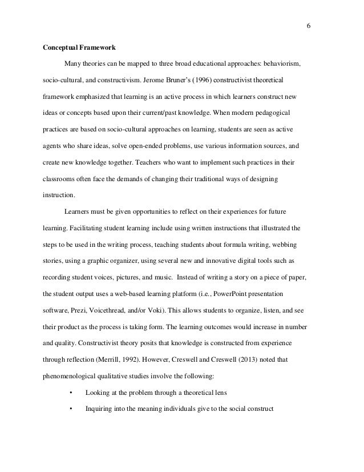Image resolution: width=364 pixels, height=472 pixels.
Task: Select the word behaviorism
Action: tap(288, 62)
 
